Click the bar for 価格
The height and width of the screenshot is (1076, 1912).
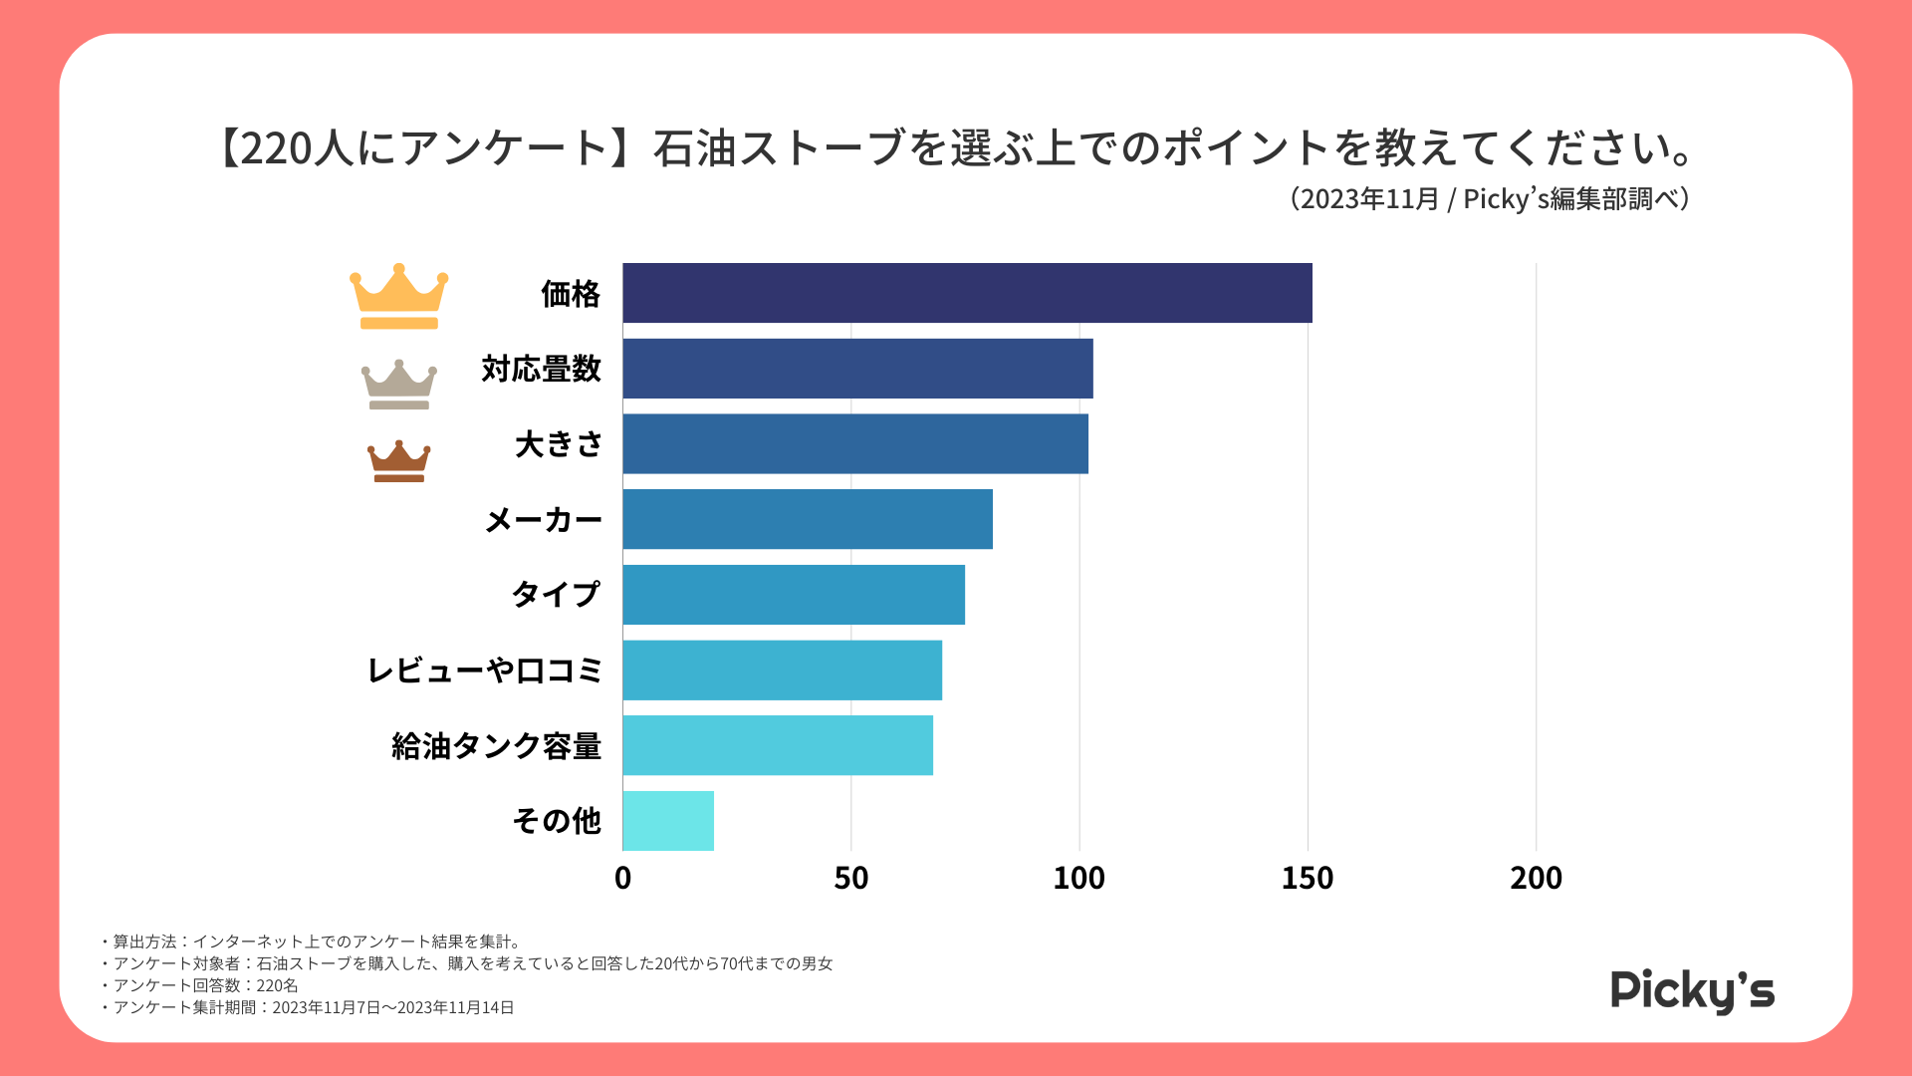tap(967, 293)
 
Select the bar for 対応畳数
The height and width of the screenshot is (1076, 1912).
tap(857, 369)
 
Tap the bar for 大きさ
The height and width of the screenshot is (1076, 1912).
tap(855, 443)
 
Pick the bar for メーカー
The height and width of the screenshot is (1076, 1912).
tap(808, 519)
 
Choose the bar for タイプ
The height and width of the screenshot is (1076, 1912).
tap(794, 595)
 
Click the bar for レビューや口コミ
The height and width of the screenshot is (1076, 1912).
tap(782, 670)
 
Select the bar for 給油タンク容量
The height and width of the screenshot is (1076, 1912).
tap(778, 745)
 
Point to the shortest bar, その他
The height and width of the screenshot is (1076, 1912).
tap(668, 821)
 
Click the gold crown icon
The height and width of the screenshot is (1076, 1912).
tap(399, 296)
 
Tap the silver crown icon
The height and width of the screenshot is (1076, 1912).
tap(399, 385)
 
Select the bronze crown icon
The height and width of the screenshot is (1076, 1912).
tap(399, 461)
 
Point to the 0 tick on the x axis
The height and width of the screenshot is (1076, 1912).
tap(623, 878)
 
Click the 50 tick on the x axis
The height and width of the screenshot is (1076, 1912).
tap(851, 878)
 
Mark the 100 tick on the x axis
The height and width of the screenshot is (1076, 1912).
tap(1079, 878)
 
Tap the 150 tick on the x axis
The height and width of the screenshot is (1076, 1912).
tap(1308, 878)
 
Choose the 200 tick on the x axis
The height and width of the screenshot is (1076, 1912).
tap(1536, 878)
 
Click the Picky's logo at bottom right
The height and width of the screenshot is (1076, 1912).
tap(1693, 991)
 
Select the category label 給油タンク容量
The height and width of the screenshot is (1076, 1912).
tap(497, 746)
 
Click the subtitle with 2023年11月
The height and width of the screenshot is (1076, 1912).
tap(1490, 199)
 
